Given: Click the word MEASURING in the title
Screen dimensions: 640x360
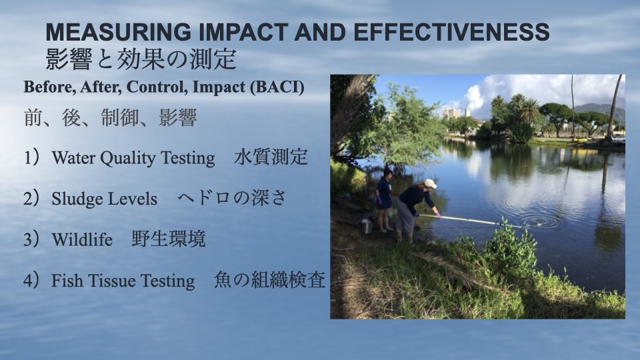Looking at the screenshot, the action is click(x=118, y=32).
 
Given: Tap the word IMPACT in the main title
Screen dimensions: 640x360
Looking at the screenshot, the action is click(x=244, y=32).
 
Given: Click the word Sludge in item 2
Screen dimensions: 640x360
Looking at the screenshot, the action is click(x=75, y=199).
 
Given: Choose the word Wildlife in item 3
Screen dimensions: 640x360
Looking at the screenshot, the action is click(x=82, y=239).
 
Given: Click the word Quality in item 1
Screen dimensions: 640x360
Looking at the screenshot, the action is click(x=127, y=159).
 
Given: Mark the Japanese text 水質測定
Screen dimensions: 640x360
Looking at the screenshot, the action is click(x=271, y=157).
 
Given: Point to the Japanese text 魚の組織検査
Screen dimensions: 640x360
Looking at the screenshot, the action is click(x=269, y=279).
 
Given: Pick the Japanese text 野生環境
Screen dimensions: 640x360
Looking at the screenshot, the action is click(x=169, y=239).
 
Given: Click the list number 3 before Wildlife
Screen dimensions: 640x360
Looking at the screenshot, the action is click(x=27, y=239).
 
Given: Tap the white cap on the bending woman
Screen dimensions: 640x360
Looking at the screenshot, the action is click(x=430, y=183).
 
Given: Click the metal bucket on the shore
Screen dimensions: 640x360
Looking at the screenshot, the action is click(x=367, y=226).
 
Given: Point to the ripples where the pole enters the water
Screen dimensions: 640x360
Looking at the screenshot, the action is click(x=539, y=221).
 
